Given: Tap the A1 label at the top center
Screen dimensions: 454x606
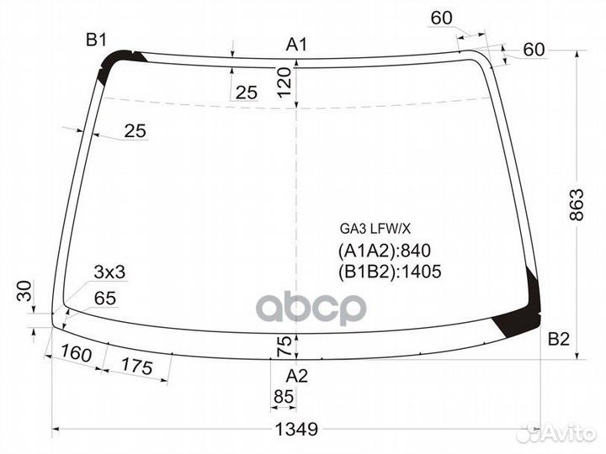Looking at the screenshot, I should point(296,45).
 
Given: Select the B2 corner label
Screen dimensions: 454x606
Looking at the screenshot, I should point(559,340).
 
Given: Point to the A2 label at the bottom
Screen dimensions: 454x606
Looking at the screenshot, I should point(297,375).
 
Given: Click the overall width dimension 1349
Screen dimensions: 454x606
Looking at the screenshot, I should point(296,429).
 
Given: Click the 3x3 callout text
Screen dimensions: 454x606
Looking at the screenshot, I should point(109,272).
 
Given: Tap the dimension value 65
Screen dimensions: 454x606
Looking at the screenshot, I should point(105,298).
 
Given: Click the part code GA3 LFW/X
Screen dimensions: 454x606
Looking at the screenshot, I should point(375,228).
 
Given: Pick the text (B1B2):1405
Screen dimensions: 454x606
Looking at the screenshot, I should point(390,271).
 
